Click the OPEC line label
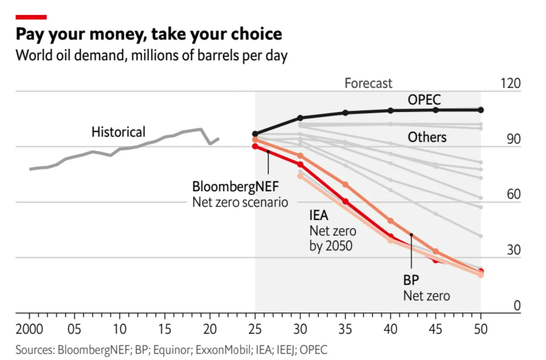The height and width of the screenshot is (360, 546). (x=424, y=100)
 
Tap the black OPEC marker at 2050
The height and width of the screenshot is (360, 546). (x=481, y=110)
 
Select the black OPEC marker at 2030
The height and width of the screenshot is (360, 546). (x=300, y=118)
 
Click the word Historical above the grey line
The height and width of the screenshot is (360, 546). (x=118, y=132)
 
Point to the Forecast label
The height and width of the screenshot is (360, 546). (x=368, y=83)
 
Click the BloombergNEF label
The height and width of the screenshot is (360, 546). (x=235, y=187)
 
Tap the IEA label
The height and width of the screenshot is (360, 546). (x=319, y=215)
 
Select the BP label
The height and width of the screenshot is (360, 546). (x=411, y=280)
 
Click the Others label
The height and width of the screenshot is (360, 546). (x=427, y=137)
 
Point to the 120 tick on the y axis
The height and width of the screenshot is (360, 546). (x=510, y=83)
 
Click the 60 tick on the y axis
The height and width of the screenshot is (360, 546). (x=513, y=194)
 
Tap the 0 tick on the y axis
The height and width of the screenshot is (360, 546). (x=517, y=305)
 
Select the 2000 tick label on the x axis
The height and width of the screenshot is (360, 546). (x=29, y=329)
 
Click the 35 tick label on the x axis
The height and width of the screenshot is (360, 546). (x=345, y=329)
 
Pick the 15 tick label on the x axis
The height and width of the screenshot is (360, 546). (x=165, y=329)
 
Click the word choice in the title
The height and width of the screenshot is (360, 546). (x=258, y=34)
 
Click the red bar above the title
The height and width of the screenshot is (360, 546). (x=31, y=17)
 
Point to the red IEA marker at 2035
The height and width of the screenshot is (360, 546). (x=345, y=201)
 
